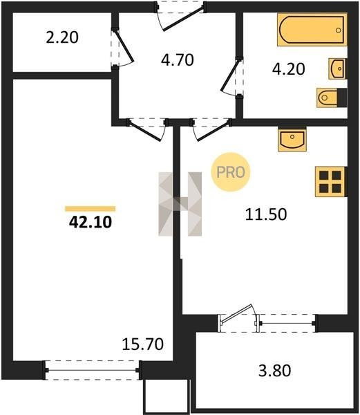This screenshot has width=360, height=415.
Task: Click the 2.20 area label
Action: pyautogui.click(x=62, y=37)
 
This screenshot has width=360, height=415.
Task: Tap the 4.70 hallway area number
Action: pyautogui.click(x=178, y=59)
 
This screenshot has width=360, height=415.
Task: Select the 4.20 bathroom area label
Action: pyautogui.click(x=289, y=68)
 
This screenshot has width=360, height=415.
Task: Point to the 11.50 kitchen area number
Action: pyautogui.click(x=266, y=214)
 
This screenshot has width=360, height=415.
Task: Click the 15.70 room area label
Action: pyautogui.click(x=143, y=344)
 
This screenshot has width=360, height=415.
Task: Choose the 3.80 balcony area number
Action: pyautogui.click(x=274, y=370)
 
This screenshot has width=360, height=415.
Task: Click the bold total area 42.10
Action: pyautogui.click(x=91, y=222)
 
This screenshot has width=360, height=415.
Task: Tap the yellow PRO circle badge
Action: pyautogui.click(x=231, y=172)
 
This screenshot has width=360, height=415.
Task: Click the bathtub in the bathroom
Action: pyautogui.click(x=312, y=30)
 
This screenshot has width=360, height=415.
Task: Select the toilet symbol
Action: pyautogui.click(x=332, y=98)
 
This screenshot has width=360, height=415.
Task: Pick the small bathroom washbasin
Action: pyautogui.click(x=337, y=68)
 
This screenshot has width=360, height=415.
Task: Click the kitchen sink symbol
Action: pyautogui.click(x=292, y=139)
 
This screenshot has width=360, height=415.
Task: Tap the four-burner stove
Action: pyautogui.click(x=330, y=181)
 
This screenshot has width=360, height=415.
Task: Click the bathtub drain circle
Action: pyautogui.click(x=339, y=30)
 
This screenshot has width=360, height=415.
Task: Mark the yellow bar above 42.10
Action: pyautogui.click(x=91, y=209)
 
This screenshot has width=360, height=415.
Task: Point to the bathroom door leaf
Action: pyautogui.click(x=231, y=75)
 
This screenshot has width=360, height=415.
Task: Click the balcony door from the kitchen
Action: pyautogui.click(x=237, y=315)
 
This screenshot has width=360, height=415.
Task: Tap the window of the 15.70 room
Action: pyautogui.click(x=92, y=370)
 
